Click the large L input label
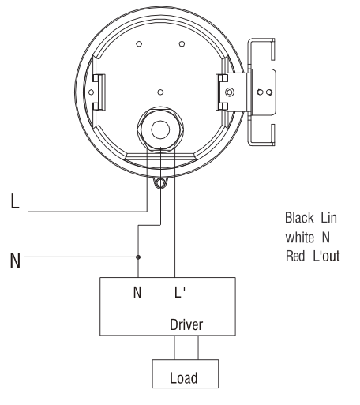point(15,201)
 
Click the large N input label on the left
point(15,261)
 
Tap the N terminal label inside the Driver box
point(137,292)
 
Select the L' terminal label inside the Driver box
point(180,292)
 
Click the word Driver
point(186,324)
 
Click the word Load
point(184,378)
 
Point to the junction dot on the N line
point(138,257)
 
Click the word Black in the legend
point(299,218)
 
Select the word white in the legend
point(300,237)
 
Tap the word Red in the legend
point(295,256)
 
